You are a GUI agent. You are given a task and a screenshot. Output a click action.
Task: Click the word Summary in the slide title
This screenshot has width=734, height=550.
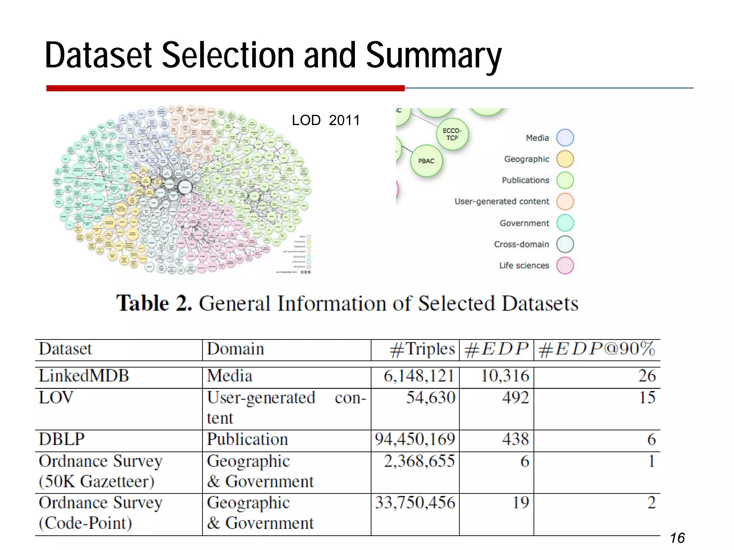[433, 56]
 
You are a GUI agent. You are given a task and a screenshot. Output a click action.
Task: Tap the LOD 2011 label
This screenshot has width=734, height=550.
[325, 120]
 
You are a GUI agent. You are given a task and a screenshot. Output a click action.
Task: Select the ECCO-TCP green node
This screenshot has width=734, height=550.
[452, 134]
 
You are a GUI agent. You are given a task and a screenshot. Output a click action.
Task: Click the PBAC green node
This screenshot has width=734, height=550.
[426, 161]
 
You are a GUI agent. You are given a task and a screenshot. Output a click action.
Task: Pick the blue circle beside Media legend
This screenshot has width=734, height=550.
[565, 138]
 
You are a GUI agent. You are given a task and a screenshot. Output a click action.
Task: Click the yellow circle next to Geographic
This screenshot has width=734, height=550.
[565, 159]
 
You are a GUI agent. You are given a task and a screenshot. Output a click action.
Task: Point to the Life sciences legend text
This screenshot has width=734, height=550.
[524, 266]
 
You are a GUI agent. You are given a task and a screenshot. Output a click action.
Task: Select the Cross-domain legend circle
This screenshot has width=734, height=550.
[565, 244]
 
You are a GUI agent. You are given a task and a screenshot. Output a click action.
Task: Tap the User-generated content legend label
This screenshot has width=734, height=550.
[501, 202]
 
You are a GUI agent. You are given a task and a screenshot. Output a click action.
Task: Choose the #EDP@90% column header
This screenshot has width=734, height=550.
[596, 349]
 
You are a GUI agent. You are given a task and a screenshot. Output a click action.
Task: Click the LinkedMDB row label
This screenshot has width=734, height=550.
[84, 376]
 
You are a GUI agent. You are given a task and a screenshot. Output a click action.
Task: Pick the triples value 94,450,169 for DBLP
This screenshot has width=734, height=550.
[415, 439]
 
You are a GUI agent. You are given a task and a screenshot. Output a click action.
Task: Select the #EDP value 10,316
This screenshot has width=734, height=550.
[505, 376]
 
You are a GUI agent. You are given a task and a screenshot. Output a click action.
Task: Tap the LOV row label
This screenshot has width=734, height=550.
[56, 397]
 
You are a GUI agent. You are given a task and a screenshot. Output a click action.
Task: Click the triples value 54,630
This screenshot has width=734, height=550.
[430, 397]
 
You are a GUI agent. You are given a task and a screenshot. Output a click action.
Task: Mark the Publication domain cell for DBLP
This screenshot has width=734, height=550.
[247, 439]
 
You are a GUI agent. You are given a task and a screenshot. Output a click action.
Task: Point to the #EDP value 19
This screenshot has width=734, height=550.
[520, 503]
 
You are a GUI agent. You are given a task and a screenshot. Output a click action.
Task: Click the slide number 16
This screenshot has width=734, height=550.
[677, 538]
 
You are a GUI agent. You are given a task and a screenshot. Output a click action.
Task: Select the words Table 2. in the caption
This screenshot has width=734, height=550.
[154, 304]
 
